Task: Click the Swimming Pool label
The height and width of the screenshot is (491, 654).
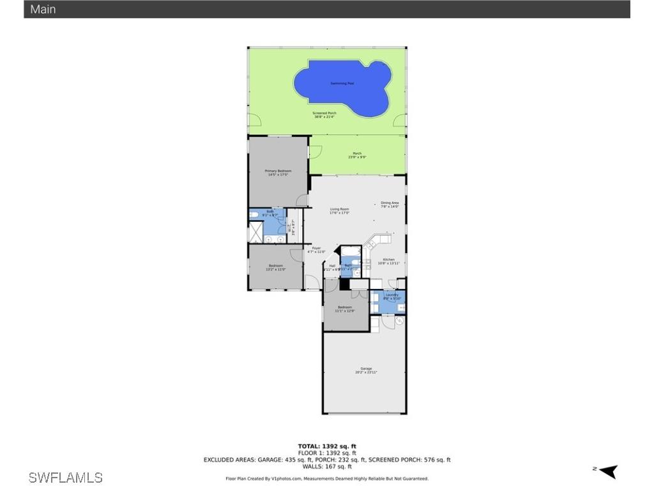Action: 342,83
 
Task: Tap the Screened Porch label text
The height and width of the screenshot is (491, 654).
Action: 324,113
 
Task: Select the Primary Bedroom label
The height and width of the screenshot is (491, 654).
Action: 278,171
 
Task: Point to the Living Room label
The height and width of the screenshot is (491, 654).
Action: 339,209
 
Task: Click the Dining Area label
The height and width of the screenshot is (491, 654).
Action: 390,203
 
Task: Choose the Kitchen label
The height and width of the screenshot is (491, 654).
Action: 388,260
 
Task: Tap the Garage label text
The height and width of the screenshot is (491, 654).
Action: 366,368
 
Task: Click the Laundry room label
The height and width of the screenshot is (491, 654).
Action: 392,295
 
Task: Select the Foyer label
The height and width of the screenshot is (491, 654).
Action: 316,248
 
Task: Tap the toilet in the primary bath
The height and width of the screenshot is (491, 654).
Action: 254,214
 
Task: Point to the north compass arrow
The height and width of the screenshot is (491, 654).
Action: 608,471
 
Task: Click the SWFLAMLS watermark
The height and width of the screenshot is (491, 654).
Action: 65,477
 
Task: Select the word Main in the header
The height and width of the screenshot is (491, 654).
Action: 43,9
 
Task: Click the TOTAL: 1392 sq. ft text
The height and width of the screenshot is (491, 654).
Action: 326,446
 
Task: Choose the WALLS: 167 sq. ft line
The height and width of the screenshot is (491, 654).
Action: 326,466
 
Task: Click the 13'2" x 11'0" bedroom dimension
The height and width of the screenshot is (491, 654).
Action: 275,269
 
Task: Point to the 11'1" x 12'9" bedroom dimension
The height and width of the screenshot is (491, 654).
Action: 345,311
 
